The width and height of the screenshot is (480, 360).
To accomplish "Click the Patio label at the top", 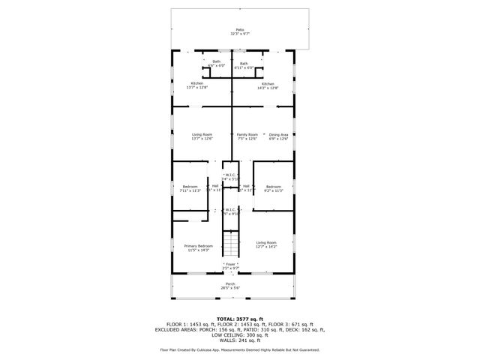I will [x=240, y=32].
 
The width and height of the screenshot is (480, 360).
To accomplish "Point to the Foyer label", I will [x=230, y=265].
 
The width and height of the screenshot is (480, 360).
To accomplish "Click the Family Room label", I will [x=247, y=136].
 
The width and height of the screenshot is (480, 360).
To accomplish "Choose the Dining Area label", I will [x=278, y=136].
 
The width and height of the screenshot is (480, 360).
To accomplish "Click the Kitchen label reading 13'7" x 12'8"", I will [x=197, y=85].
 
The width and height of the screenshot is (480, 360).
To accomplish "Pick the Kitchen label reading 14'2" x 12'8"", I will [x=268, y=85].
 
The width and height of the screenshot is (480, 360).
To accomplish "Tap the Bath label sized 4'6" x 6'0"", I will [x=216, y=63].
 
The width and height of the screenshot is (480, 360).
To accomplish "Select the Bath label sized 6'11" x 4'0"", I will [x=244, y=66].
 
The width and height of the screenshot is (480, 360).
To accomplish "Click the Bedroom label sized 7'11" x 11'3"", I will [x=190, y=188].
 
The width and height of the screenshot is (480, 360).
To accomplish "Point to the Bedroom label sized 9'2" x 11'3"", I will [x=273, y=188].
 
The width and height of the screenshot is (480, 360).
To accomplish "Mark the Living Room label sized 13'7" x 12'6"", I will [x=202, y=136].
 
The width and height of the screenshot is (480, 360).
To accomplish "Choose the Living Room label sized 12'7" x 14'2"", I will [x=266, y=244].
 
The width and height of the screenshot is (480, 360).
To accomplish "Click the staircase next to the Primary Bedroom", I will [x=231, y=243].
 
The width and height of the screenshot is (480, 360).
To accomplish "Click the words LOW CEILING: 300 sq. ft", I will [x=240, y=334].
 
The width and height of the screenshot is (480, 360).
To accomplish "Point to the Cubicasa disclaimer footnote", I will [x=240, y=350].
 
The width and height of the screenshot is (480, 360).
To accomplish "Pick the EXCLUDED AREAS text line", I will [x=240, y=329].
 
